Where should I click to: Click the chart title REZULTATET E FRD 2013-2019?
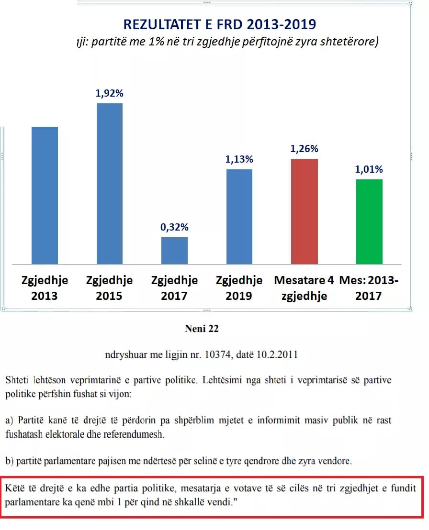220,24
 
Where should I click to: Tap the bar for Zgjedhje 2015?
110,184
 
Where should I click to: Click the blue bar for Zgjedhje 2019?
239,216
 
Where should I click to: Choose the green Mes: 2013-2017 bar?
369,221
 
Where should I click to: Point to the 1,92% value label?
110,94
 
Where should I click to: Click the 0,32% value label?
174,227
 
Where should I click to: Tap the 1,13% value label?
239,159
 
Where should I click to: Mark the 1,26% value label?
304,149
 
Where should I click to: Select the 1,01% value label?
369,169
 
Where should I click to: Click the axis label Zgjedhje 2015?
110,288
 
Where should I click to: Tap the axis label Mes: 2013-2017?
369,288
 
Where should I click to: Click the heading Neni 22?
201,329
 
